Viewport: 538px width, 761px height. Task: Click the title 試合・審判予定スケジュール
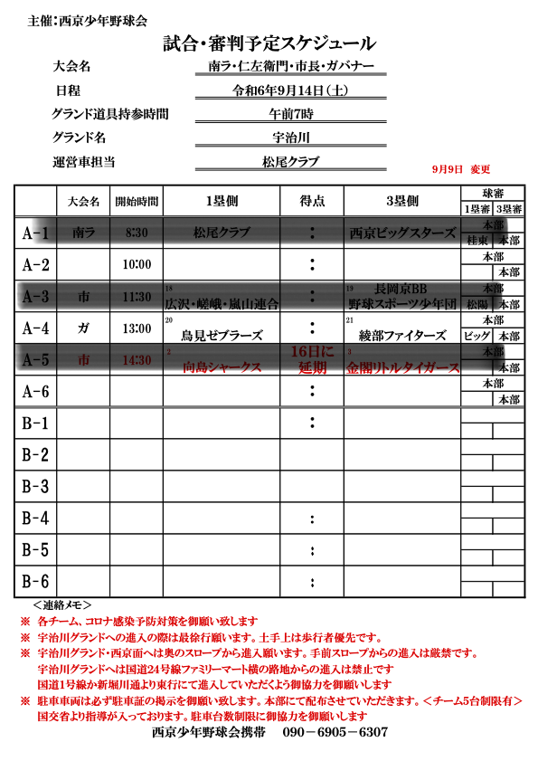click(269, 43)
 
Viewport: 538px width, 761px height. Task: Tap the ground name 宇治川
click(291, 138)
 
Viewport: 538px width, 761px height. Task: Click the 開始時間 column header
click(137, 201)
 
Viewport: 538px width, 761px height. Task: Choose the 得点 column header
click(312, 201)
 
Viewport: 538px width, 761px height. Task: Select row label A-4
click(35, 327)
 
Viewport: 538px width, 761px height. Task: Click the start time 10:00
click(137, 264)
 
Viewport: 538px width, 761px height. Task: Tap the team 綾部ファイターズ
click(402, 335)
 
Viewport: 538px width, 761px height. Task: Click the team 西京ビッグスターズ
click(402, 233)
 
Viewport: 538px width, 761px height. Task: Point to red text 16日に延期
click(312, 358)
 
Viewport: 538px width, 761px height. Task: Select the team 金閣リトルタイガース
click(402, 367)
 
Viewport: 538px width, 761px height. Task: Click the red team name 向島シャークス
click(222, 367)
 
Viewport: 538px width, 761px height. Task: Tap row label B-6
click(35, 581)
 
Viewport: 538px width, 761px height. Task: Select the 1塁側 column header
click(221, 201)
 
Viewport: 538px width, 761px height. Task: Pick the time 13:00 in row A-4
click(137, 328)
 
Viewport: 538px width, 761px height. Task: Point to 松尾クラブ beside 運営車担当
click(290, 162)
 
